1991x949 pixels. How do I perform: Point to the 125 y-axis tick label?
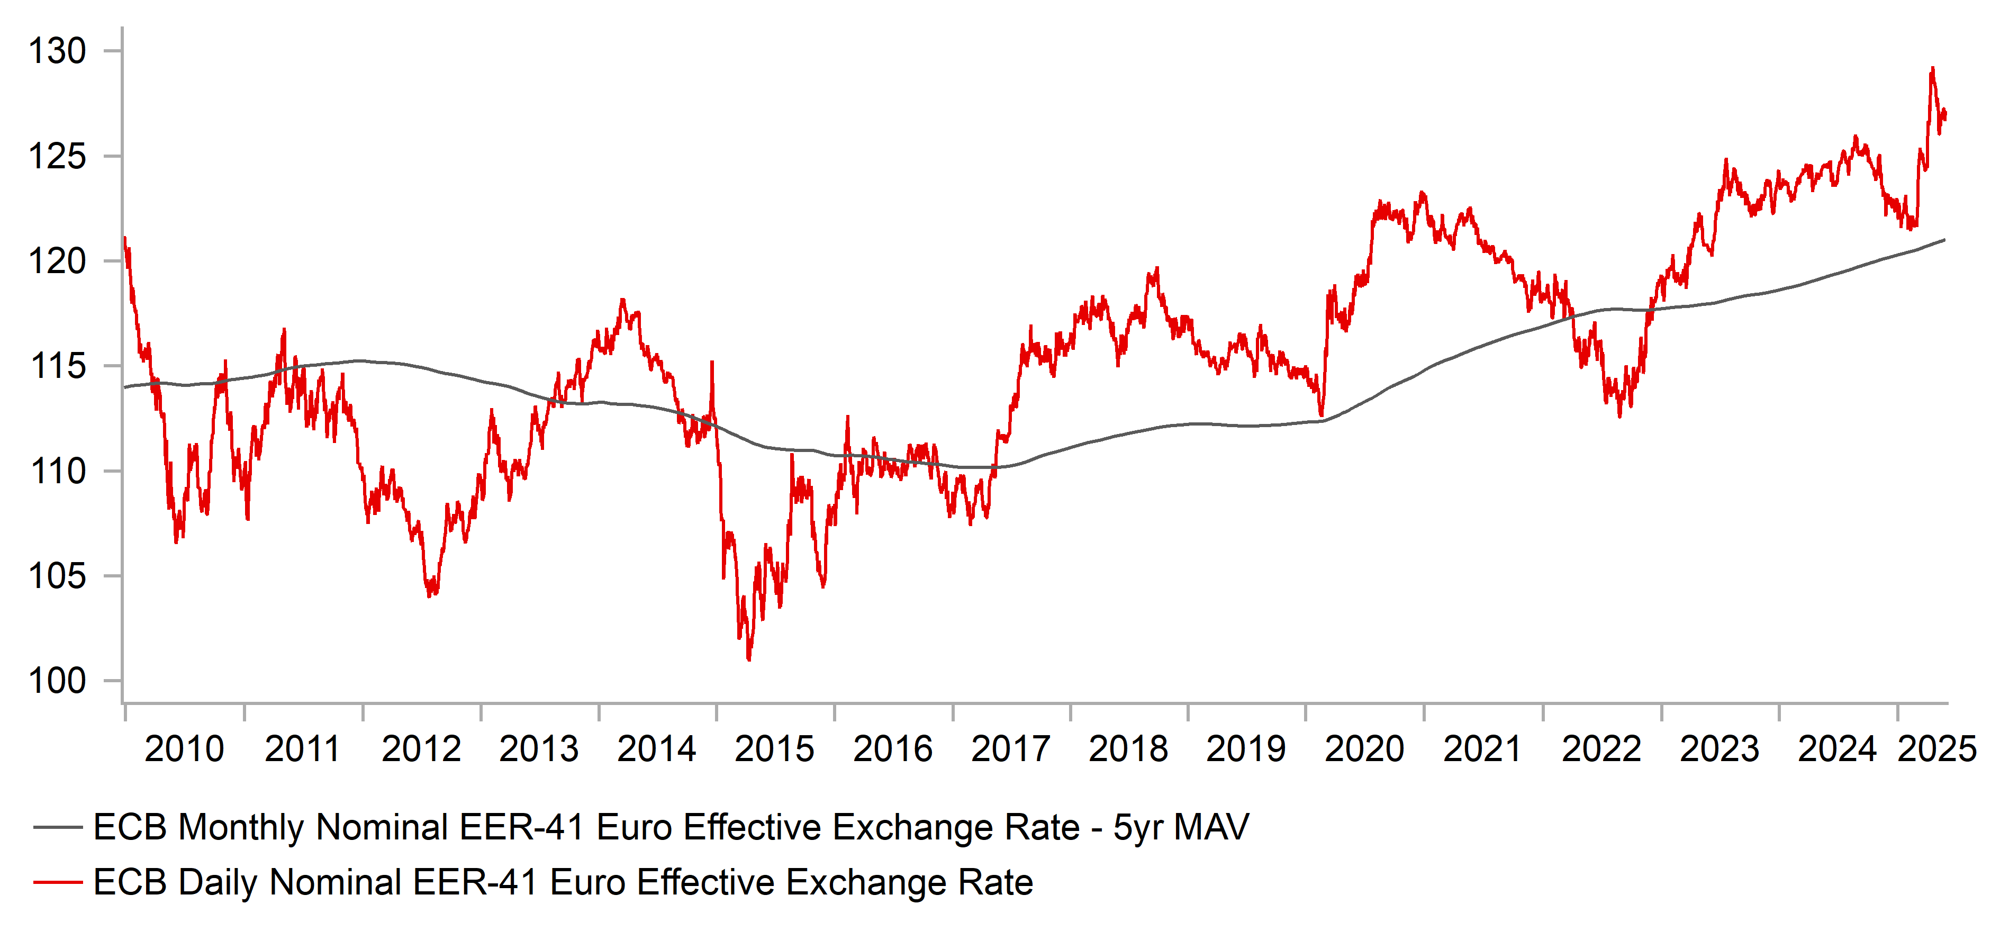pos(57,156)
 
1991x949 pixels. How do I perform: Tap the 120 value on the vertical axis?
pos(57,261)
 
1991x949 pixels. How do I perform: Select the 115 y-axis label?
pos(57,366)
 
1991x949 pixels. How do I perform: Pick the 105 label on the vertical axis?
pos(57,576)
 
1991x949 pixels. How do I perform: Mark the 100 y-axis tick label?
pos(57,681)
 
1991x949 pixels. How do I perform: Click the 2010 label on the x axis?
pos(184,749)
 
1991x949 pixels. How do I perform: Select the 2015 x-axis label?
pos(774,749)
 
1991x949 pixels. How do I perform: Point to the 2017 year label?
pos(1010,749)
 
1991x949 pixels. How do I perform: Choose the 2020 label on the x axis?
pos(1364,749)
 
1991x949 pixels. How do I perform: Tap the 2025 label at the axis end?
pos(1937,749)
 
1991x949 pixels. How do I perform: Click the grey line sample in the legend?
pos(58,828)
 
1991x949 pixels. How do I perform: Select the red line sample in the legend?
pos(58,882)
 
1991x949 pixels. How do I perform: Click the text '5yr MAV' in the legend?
pos(1180,828)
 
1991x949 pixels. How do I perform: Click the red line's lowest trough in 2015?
pos(749,659)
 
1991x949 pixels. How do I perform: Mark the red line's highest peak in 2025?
pos(1932,69)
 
